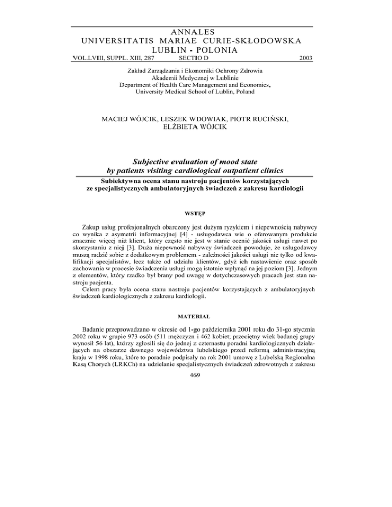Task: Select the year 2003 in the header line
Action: [304, 59]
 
